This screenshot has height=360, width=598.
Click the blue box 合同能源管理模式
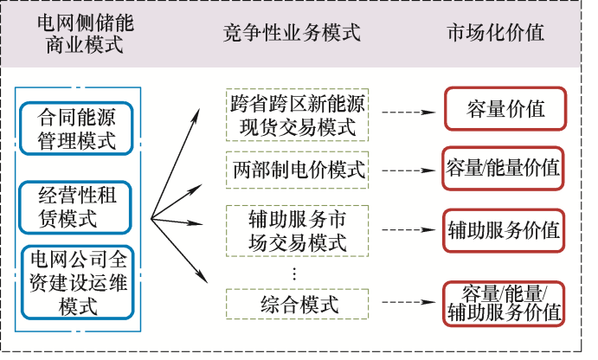click(x=77, y=127)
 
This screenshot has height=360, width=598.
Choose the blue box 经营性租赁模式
click(x=77, y=206)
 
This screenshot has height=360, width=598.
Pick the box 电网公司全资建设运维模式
click(x=77, y=282)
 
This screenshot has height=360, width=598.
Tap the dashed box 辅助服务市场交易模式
click(x=297, y=229)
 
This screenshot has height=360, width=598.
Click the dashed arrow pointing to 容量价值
click(x=407, y=112)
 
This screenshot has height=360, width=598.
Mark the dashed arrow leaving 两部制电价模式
click(x=407, y=170)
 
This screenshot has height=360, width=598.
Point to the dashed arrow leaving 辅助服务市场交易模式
click(x=407, y=231)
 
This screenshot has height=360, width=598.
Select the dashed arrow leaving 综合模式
click(x=407, y=303)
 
